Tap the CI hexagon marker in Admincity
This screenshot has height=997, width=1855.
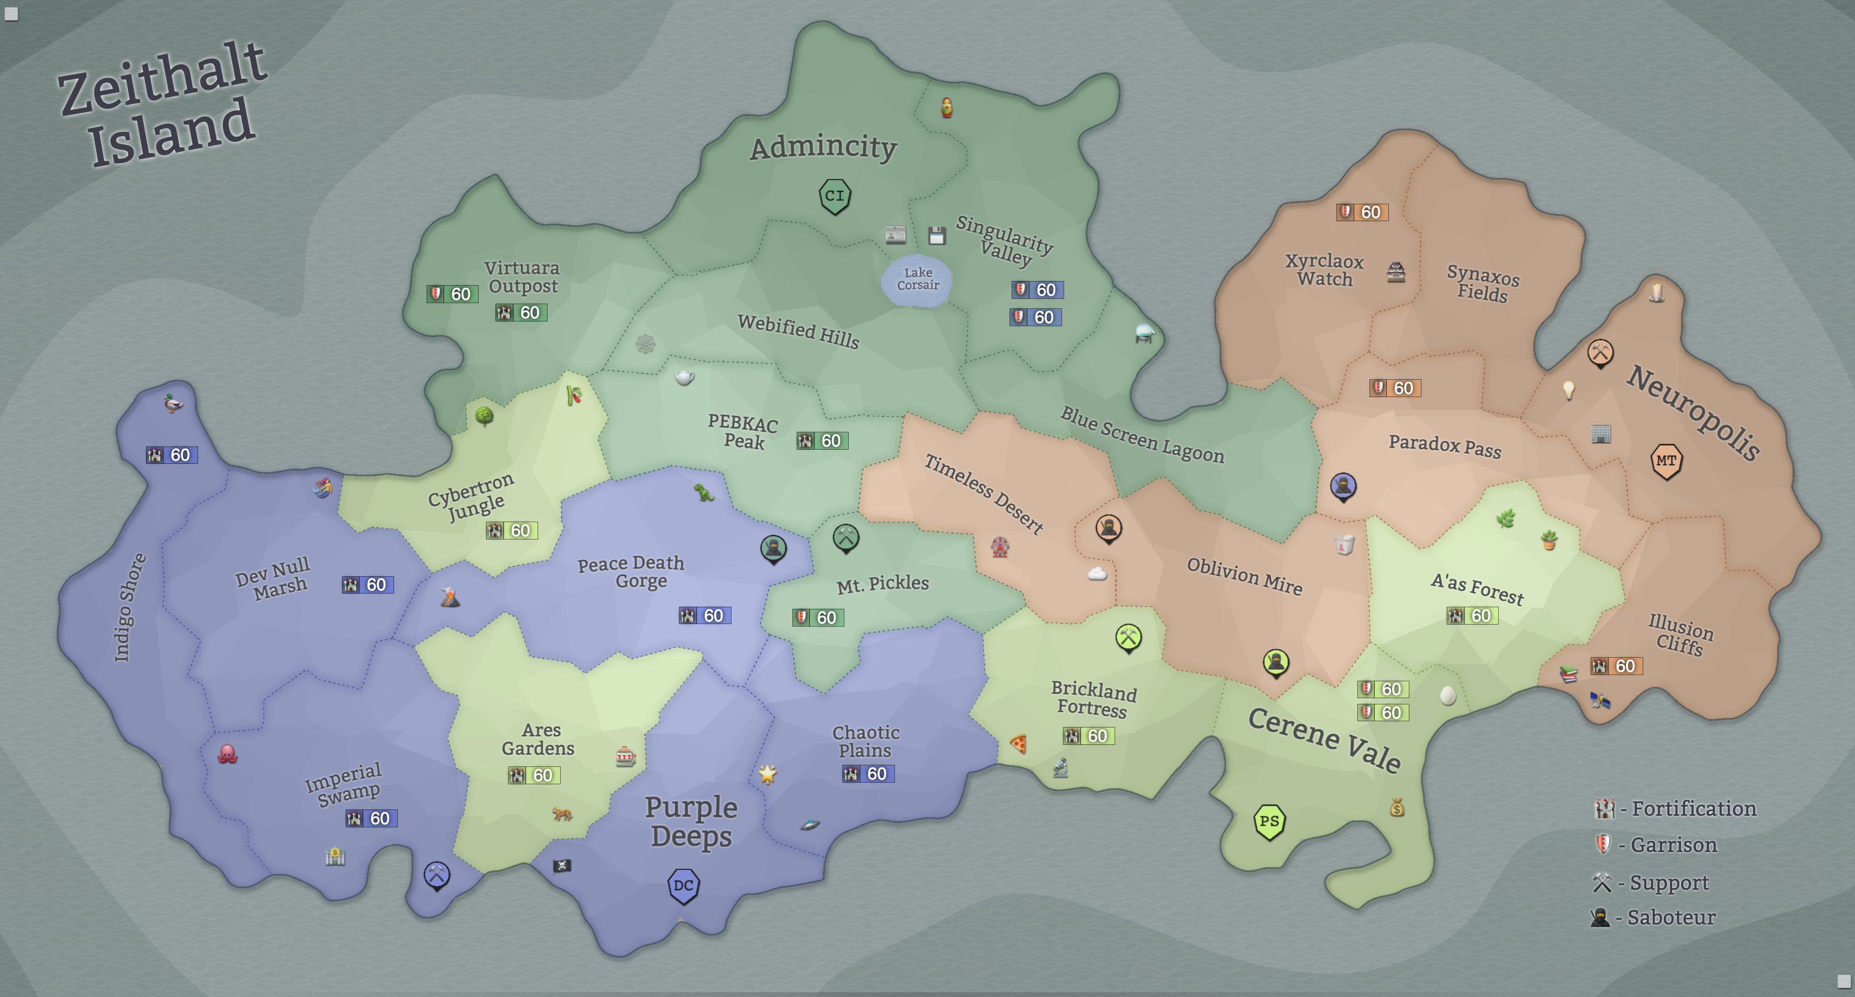tap(834, 196)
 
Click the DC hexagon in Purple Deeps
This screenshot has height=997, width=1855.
tap(683, 886)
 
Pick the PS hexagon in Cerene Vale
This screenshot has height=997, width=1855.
tap(1269, 822)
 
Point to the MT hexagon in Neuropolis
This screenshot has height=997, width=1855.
tap(1666, 461)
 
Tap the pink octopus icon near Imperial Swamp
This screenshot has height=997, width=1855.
tap(228, 754)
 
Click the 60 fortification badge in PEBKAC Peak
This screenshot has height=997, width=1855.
tap(822, 441)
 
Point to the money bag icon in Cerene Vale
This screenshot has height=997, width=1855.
tap(1397, 808)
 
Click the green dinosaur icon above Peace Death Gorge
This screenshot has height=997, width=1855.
tap(704, 492)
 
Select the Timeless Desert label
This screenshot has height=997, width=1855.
tap(984, 494)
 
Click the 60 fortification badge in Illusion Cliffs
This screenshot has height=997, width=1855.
tap(1616, 666)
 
